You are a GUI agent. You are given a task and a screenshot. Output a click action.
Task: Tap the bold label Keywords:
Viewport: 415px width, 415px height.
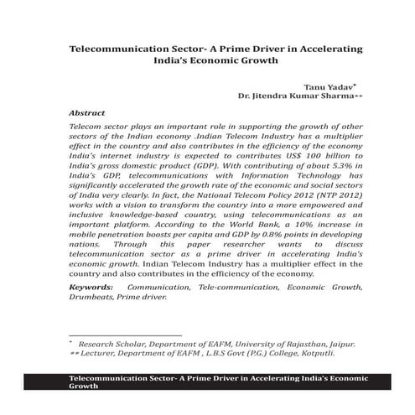coord(95,288)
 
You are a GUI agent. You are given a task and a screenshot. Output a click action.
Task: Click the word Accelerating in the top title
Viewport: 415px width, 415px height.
coord(315,50)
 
